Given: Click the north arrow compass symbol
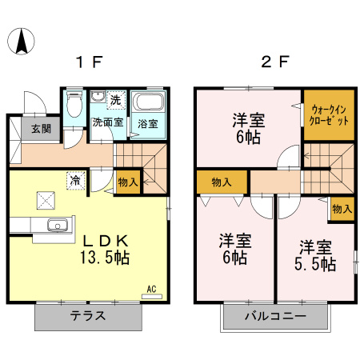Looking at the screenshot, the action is click(x=21, y=42).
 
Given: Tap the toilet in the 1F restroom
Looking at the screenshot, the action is click(x=74, y=104).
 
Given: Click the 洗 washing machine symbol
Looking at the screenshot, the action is click(x=116, y=100).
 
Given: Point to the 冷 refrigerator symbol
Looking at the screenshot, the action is click(x=76, y=181).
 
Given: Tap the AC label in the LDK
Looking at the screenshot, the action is click(x=151, y=289).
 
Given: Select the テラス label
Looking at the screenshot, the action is click(x=88, y=316).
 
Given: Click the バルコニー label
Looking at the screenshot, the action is click(x=275, y=316).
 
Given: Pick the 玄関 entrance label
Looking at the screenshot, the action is click(x=41, y=129).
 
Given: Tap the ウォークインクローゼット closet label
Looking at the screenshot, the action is click(x=329, y=115).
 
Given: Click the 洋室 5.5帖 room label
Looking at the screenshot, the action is click(x=315, y=255).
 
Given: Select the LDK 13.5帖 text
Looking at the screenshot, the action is click(x=105, y=250).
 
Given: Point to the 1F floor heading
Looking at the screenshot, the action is click(x=90, y=62).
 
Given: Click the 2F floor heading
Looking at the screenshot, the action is click(x=275, y=62).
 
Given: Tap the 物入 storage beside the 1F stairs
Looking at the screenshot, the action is click(x=128, y=182).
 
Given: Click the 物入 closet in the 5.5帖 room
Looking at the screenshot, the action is click(x=342, y=209).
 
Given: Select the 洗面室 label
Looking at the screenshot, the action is click(x=108, y=122).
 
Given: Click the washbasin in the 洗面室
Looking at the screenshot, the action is click(x=98, y=96).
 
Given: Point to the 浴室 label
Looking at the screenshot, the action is click(x=148, y=124).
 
